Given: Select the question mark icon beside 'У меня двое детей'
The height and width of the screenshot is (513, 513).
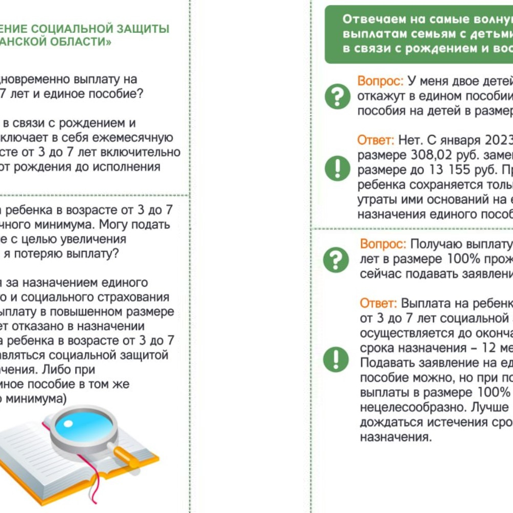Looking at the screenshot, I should tap(337, 96).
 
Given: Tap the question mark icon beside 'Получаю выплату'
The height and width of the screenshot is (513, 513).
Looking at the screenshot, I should tap(336, 260).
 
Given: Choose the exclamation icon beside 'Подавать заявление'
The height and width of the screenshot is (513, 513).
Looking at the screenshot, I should tap(336, 359).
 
